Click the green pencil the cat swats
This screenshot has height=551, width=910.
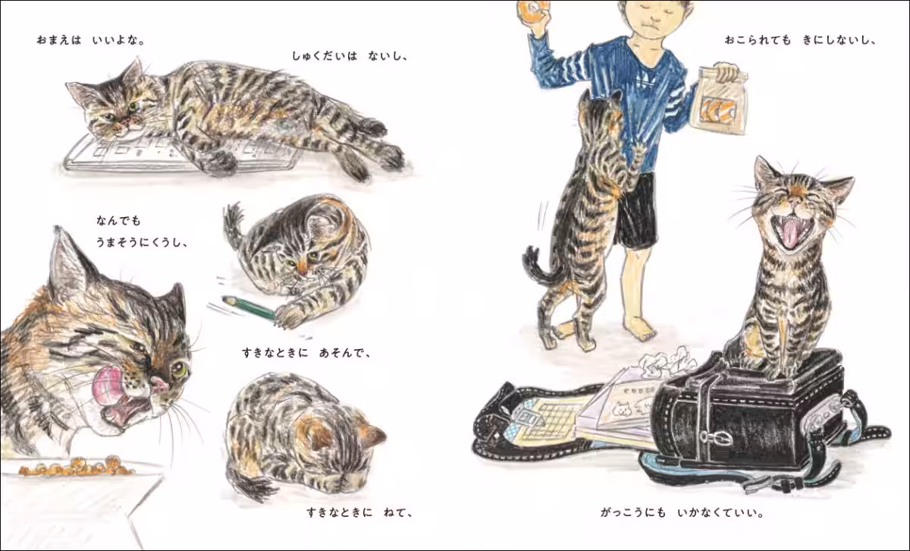[249, 308]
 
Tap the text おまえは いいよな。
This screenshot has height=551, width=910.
[91, 40]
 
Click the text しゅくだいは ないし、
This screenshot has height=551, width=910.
[350, 56]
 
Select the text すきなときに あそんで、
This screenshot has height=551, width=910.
[306, 353]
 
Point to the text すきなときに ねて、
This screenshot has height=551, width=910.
[360, 512]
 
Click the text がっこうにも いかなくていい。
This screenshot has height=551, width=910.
[682, 512]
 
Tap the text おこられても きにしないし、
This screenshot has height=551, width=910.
[800, 40]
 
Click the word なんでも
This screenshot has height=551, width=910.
[118, 221]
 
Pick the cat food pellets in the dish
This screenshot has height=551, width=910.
[77, 467]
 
